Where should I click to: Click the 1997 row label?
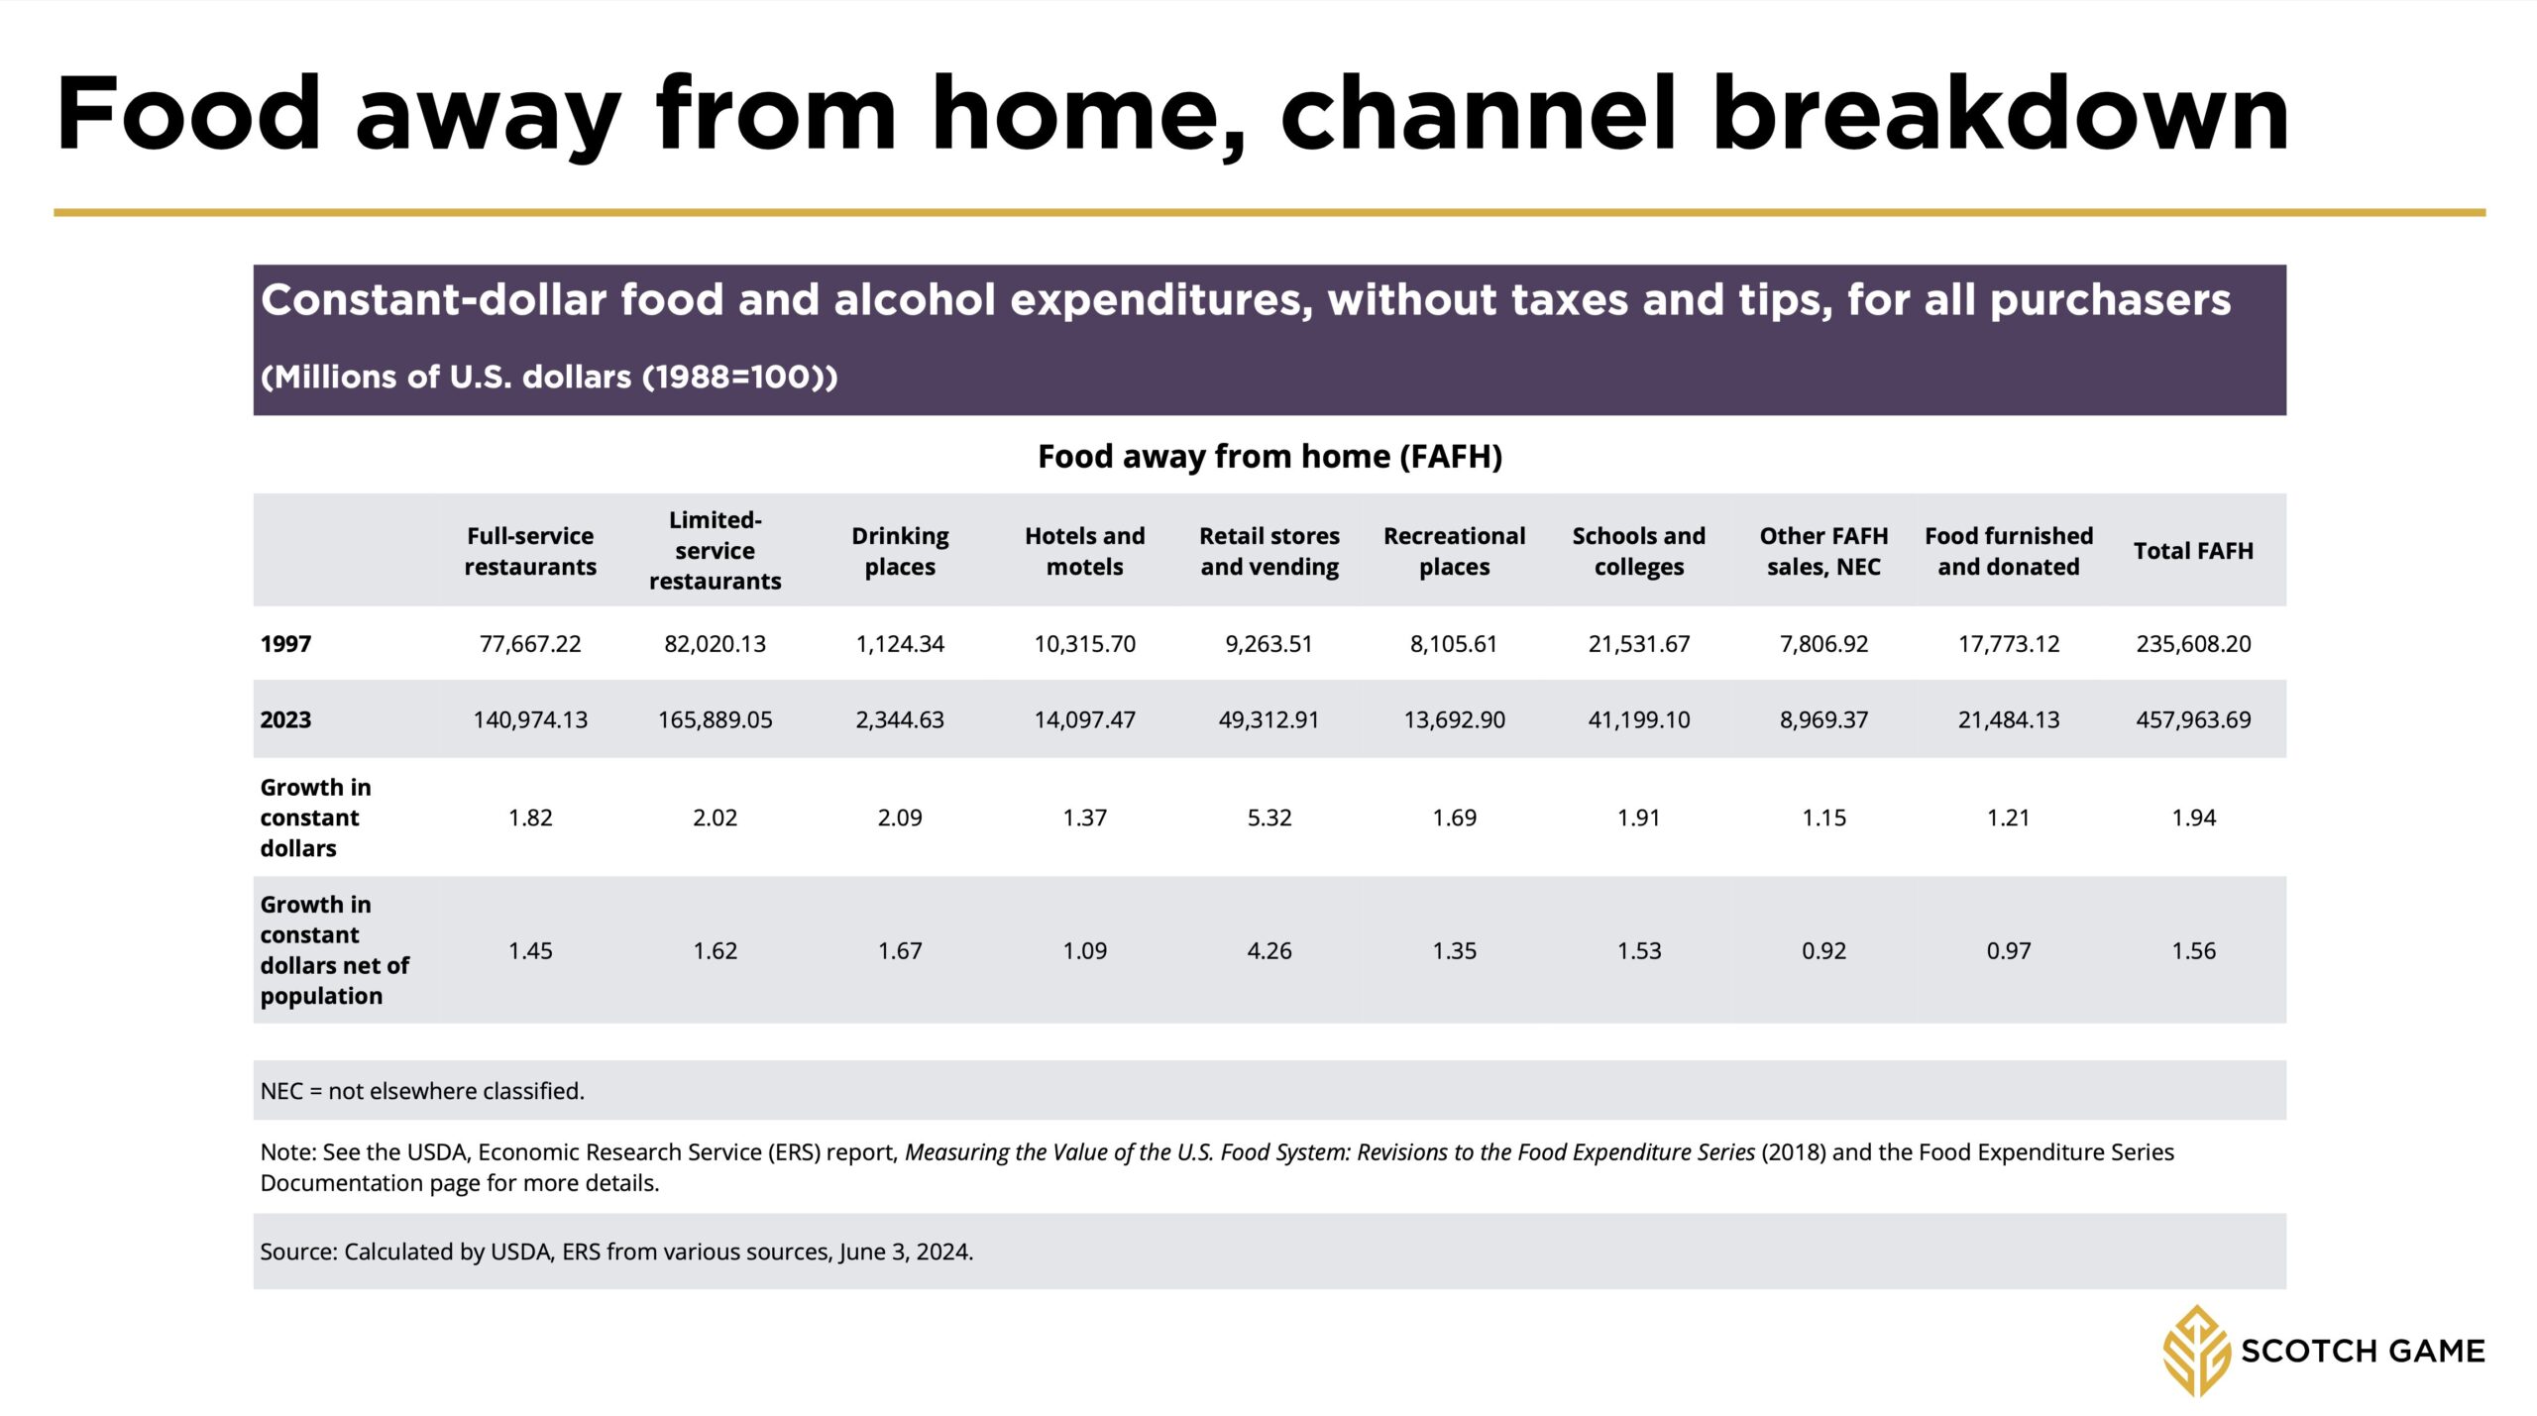(x=285, y=644)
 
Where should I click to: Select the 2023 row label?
(x=285, y=720)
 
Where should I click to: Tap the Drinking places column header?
(x=900, y=551)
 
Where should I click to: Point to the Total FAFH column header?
(x=2193, y=551)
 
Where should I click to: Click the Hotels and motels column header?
(x=1085, y=551)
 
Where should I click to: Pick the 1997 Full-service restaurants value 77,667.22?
(x=530, y=644)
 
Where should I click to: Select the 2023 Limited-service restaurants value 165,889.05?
(x=716, y=720)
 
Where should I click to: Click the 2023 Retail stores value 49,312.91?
(x=1269, y=720)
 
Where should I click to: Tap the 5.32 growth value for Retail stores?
(x=1269, y=818)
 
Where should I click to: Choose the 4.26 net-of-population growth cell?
(x=1269, y=951)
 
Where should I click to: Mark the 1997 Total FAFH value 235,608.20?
(x=2193, y=644)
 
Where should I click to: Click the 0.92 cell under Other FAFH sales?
(x=1824, y=951)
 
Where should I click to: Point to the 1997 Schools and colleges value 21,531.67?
(x=1639, y=644)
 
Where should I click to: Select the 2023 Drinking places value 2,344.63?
(x=900, y=720)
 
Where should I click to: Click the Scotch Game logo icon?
(x=2196, y=1351)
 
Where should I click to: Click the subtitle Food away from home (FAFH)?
(x=1269, y=457)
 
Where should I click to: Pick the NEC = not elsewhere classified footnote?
(x=422, y=1091)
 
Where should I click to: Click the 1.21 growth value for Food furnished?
(x=2009, y=818)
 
